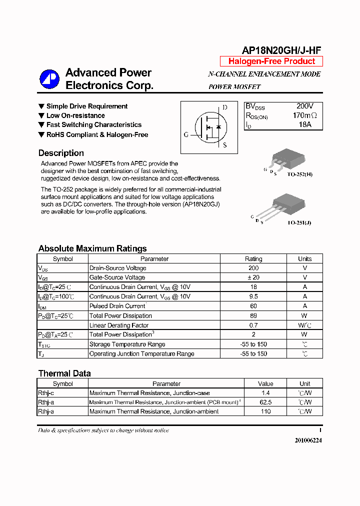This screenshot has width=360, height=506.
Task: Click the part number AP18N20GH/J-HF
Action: coord(281,50)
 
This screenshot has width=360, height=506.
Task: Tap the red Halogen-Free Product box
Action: coord(271,61)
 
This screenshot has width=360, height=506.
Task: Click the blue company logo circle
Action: coord(49,79)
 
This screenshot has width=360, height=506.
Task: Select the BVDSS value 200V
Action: coord(304,106)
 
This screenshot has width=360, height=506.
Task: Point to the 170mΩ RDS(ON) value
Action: coord(304,115)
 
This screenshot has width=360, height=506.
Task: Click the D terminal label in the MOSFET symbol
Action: coord(225,107)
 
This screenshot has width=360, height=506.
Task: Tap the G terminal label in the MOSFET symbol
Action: coord(186,134)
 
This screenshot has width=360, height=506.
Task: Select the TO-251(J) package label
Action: coord(299,222)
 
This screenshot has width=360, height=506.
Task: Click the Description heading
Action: coord(61,153)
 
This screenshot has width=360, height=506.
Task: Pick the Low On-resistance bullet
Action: coord(75,115)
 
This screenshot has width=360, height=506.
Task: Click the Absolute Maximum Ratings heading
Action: coord(92,248)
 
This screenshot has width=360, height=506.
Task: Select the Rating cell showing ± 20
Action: coord(253,277)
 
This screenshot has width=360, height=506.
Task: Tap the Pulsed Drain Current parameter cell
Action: coord(117,306)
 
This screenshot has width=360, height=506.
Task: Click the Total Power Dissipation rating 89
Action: coord(253,315)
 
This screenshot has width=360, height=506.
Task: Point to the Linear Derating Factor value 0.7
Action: coord(253,325)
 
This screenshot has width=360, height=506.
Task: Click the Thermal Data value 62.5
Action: coord(265,402)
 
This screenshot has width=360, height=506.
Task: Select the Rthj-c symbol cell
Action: coord(46,393)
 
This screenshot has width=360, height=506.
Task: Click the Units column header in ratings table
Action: coord(304,259)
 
